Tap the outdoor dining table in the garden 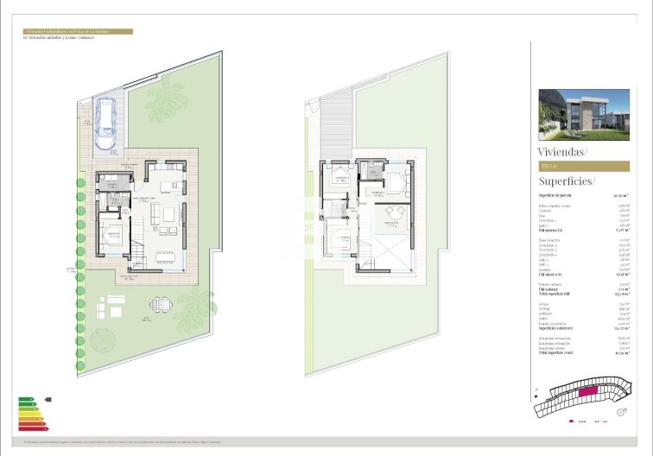click(160, 304)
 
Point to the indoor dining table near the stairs click(162, 256)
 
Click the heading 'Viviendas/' click(561, 151)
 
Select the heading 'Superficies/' click(567, 181)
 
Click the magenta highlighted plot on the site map click(588, 391)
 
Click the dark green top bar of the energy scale click(25, 399)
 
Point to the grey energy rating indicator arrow click(47, 399)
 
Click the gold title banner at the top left click(78, 31)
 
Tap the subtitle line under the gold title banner click(59, 38)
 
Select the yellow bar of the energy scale click(29, 414)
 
